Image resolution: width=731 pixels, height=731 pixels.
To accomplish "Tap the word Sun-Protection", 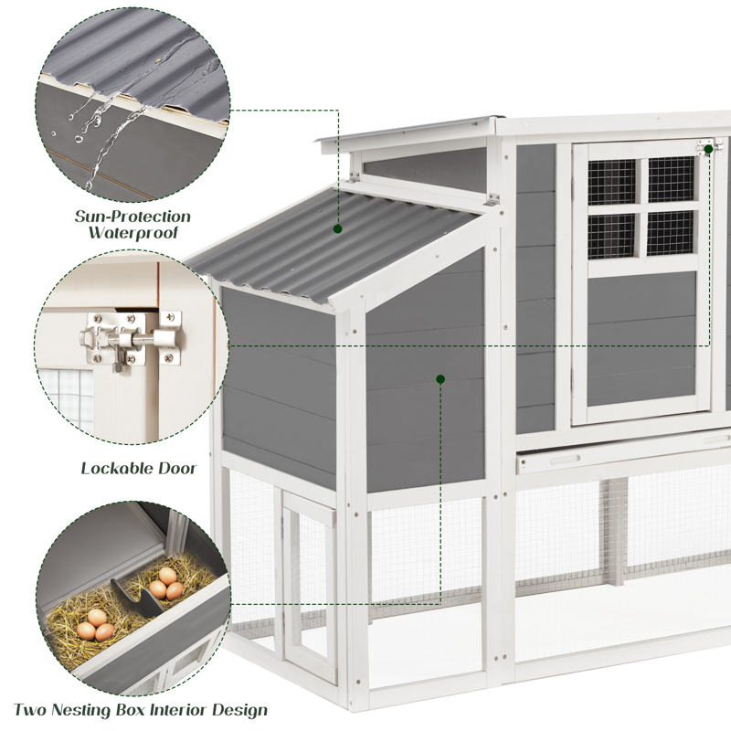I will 133,217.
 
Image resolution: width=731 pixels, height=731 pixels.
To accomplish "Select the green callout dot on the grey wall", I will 440,378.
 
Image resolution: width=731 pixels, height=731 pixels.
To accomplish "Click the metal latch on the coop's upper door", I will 709,147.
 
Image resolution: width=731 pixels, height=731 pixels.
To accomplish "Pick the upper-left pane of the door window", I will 611,181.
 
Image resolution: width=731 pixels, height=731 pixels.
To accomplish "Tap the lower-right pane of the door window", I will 671,233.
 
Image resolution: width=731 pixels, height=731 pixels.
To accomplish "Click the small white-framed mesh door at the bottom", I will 308,576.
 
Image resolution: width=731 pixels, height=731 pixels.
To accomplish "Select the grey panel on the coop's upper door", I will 641,338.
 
